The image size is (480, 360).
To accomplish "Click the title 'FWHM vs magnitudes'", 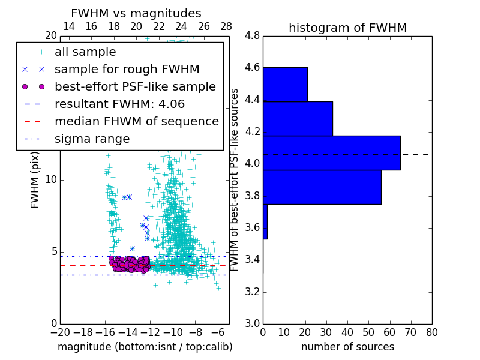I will [x=136, y=13].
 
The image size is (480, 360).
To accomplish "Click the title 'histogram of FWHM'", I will [x=347, y=28].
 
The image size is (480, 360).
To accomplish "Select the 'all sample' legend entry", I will [x=85, y=52].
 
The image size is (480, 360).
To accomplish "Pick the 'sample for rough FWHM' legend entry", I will [x=127, y=69].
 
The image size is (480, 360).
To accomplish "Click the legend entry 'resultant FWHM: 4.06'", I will [x=119, y=104].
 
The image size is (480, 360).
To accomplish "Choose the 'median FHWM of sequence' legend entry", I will [x=136, y=121].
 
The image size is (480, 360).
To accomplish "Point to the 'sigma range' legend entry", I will [x=92, y=139].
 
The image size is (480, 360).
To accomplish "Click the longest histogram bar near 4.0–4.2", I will [x=331, y=153].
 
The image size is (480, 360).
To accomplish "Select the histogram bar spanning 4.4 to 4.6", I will [x=285, y=84].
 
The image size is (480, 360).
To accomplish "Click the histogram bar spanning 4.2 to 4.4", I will [x=298, y=118].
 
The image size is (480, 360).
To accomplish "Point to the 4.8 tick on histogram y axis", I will [x=252, y=36].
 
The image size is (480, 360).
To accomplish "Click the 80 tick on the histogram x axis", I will [x=431, y=332].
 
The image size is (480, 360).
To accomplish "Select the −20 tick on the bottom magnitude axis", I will [x=60, y=332].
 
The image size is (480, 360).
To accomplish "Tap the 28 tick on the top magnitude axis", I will [x=226, y=26].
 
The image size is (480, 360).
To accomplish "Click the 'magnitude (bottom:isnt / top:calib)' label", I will [x=145, y=347].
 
